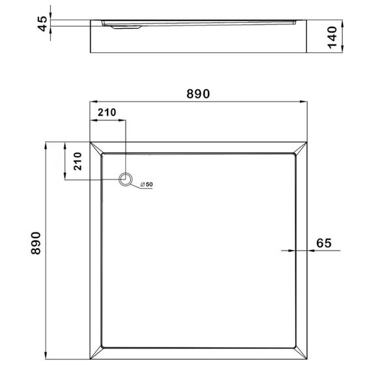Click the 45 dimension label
[x=42, y=23]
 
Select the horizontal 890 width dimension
[x=198, y=93]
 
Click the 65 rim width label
[x=324, y=243]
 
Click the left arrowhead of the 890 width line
[x=93, y=102]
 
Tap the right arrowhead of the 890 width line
[x=304, y=102]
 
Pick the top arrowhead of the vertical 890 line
[x=46, y=144]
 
